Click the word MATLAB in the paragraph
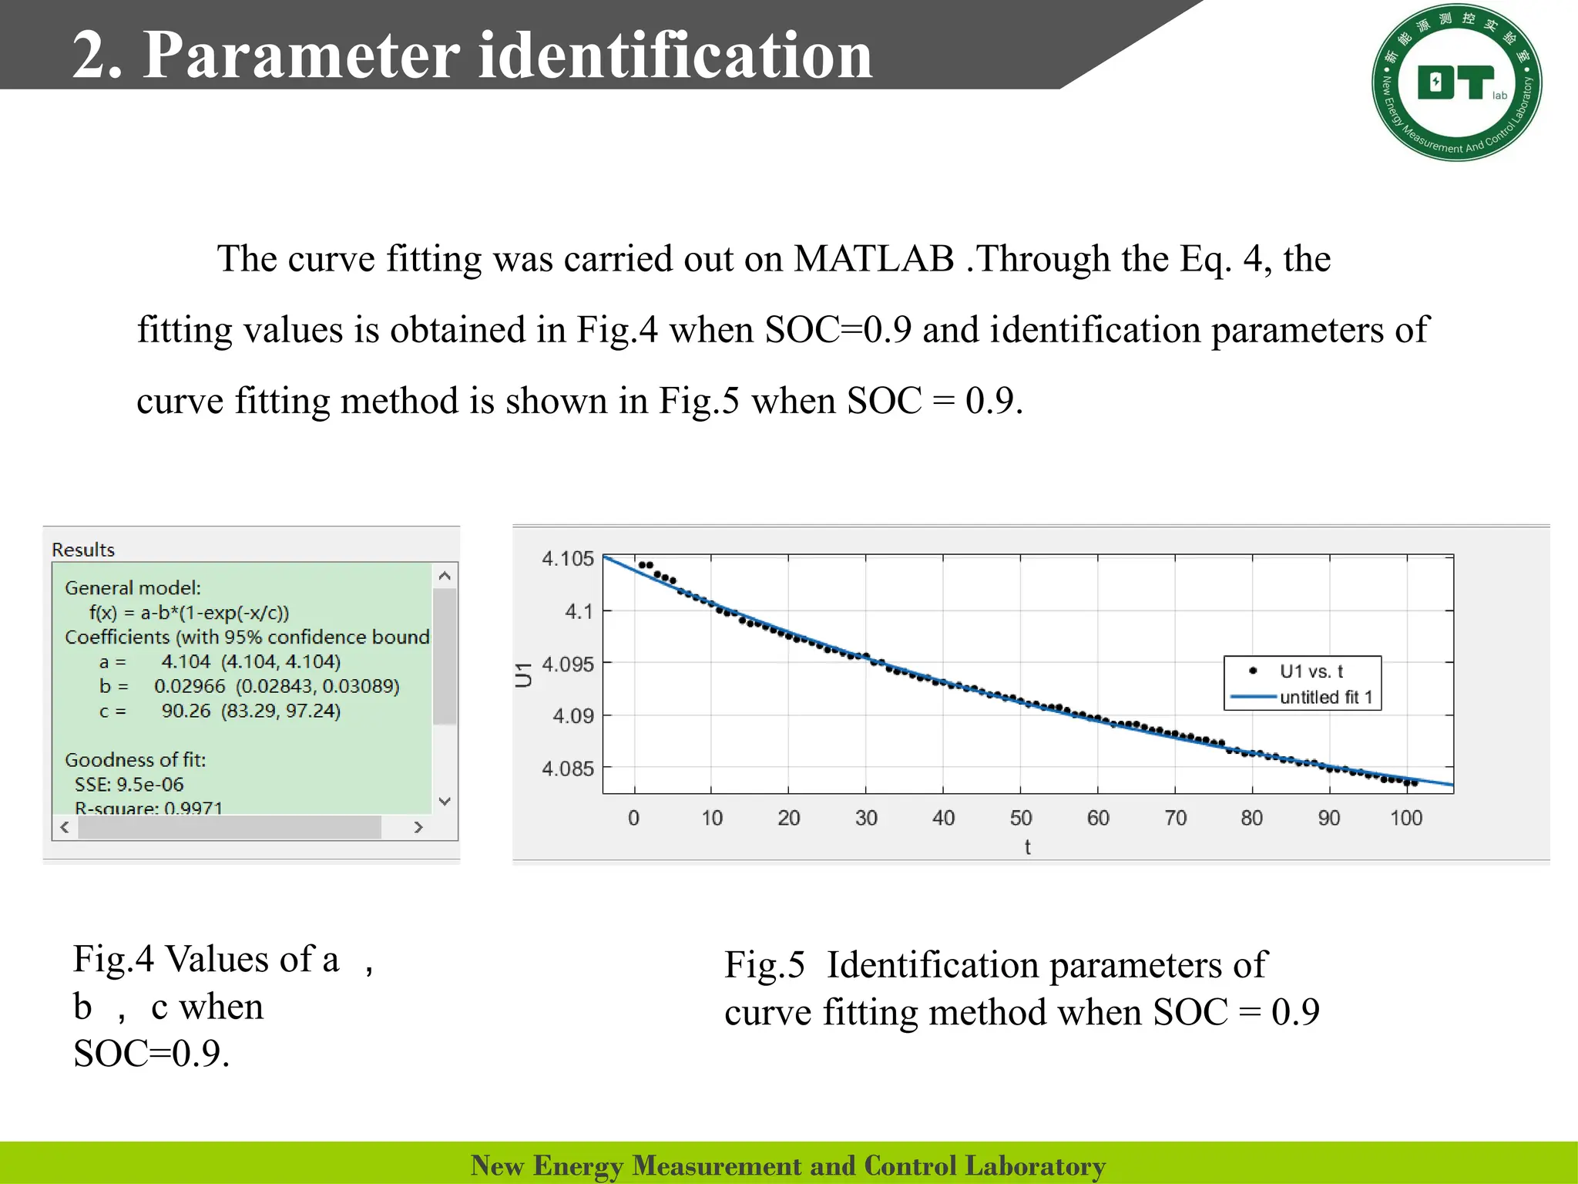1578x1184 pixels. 874,259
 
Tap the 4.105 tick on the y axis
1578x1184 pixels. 568,558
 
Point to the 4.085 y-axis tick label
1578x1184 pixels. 568,769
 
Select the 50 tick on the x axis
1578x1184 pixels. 1021,818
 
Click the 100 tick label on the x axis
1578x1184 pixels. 1406,818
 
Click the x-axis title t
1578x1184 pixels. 1027,847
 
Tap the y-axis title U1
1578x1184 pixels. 524,674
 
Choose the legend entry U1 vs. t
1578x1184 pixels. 1311,671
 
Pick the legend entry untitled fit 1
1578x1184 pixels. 1326,698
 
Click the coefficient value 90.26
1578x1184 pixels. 186,711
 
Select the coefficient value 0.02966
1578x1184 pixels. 190,686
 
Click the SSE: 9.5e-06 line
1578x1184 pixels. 129,785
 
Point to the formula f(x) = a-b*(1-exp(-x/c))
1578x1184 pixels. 190,613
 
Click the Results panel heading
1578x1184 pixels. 83,550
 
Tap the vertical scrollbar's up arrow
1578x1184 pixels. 445,576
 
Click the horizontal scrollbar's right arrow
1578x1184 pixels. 418,827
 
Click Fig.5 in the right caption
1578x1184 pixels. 764,965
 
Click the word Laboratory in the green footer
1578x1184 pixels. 1035,1165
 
